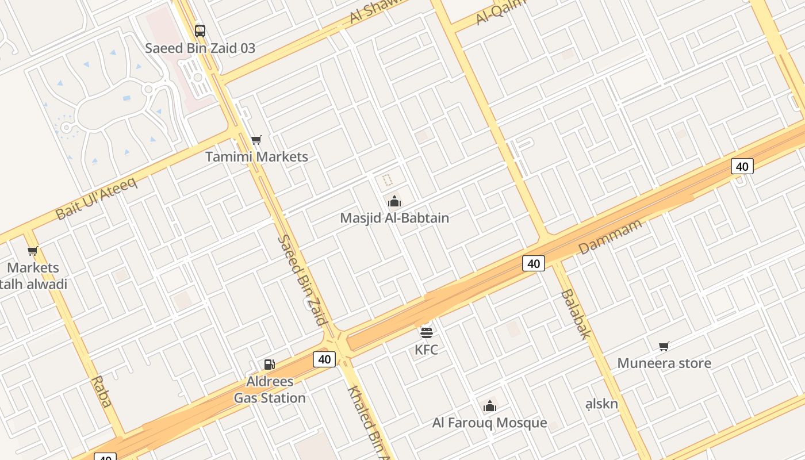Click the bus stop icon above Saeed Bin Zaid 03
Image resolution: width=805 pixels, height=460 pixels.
[x=200, y=30]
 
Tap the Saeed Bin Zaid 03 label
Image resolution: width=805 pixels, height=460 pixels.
[x=200, y=48]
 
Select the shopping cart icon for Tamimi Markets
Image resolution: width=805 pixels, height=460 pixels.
[x=256, y=140]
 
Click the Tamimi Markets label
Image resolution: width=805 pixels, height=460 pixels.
[x=256, y=156]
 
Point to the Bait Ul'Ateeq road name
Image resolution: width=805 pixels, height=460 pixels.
[x=96, y=199]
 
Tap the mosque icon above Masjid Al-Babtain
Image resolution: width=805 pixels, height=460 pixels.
[x=394, y=201]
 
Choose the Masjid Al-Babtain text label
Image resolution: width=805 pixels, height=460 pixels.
[x=394, y=218]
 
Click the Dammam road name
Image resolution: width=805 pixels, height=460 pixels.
[x=609, y=236]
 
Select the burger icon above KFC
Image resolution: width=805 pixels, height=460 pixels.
[x=426, y=332]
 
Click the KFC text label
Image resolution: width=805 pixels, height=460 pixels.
[x=426, y=349]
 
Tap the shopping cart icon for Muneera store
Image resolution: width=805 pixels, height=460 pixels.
[x=664, y=346]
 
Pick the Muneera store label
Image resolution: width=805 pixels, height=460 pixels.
[x=664, y=363]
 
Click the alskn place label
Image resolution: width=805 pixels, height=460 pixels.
[x=601, y=404]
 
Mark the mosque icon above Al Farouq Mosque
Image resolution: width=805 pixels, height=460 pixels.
[x=490, y=406]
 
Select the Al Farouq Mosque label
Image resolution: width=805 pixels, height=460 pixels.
[x=490, y=423]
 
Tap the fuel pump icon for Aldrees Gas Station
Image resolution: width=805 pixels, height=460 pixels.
[x=269, y=364]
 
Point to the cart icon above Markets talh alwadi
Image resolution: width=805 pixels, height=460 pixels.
[x=33, y=251]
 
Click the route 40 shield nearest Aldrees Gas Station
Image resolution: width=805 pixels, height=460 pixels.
[x=324, y=359]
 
